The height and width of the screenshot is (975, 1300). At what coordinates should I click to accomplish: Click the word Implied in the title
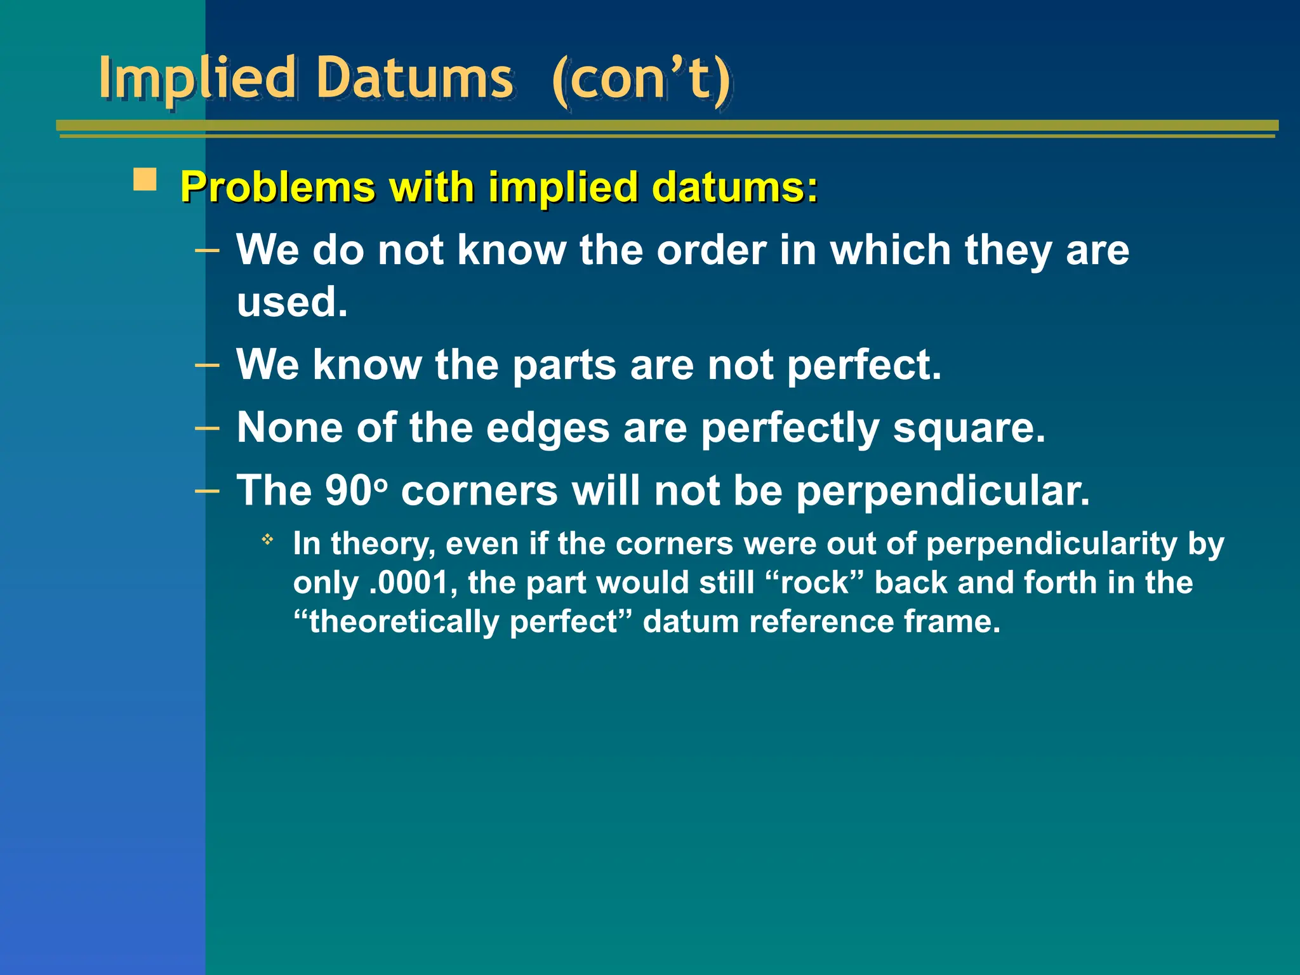197,79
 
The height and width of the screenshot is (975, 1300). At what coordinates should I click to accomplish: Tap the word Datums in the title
414,79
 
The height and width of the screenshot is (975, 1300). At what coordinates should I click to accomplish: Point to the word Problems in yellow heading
278,188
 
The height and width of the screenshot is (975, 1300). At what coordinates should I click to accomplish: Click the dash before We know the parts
207,365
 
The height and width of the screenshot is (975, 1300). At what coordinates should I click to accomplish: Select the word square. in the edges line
969,428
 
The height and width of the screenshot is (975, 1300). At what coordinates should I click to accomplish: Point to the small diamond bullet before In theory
268,540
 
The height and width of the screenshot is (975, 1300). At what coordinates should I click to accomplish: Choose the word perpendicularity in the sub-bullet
1052,545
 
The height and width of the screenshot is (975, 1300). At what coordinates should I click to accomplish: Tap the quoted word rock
814,583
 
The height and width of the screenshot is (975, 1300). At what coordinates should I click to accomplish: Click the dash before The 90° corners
207,491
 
